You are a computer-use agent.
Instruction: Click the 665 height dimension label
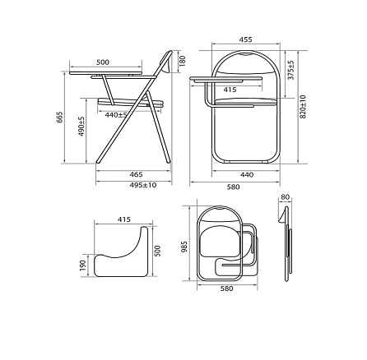(x=61, y=117)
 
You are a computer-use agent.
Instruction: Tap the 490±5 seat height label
(x=82, y=127)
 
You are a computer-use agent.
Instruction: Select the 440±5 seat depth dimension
(x=116, y=115)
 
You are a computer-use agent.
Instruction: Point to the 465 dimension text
(x=137, y=174)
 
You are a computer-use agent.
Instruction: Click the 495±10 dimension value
(x=143, y=185)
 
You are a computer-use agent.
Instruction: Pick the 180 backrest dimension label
(x=183, y=61)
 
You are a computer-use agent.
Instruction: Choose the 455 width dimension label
(x=245, y=39)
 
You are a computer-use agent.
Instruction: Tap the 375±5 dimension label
(x=291, y=70)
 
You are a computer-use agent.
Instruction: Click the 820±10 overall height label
(x=303, y=107)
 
